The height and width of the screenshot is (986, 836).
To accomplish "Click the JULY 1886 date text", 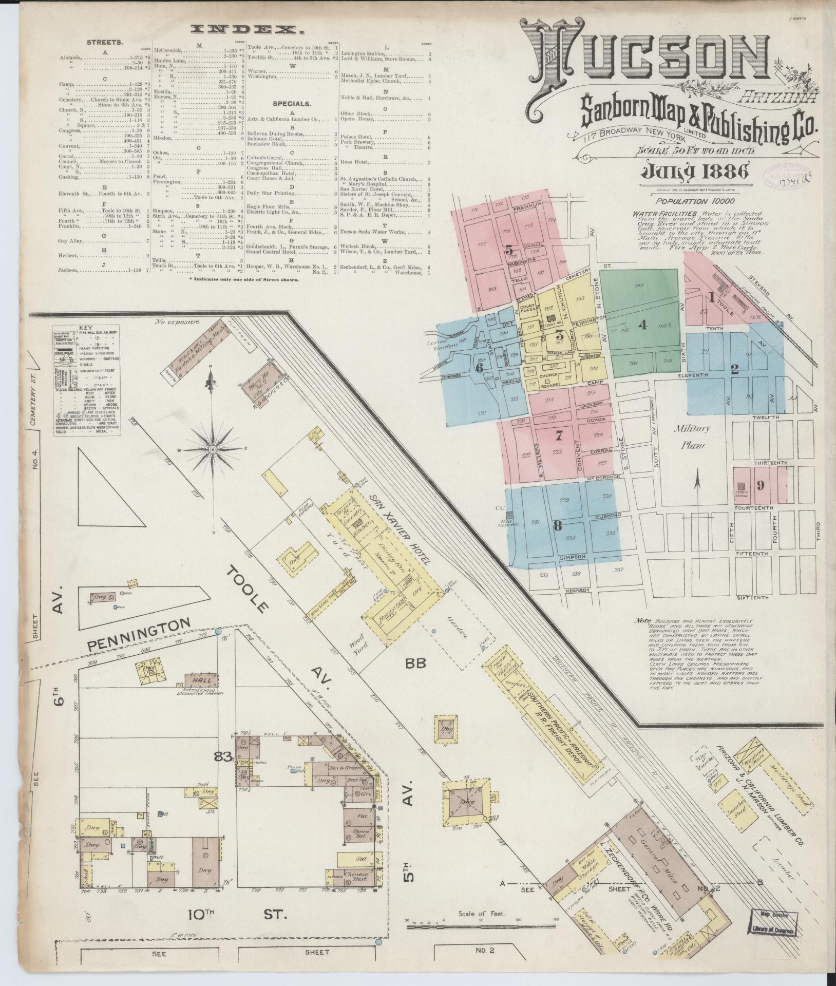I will [693, 170].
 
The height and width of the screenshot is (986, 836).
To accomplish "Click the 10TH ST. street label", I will [234, 914].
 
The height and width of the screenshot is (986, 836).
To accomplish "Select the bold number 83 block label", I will [223, 741].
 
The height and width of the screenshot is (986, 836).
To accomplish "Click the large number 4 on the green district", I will [641, 325].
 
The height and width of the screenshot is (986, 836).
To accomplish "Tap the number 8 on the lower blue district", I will [557, 525].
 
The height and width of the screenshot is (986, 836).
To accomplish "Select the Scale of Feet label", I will [481, 914].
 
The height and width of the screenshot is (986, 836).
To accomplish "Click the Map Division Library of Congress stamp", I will [774, 922].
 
